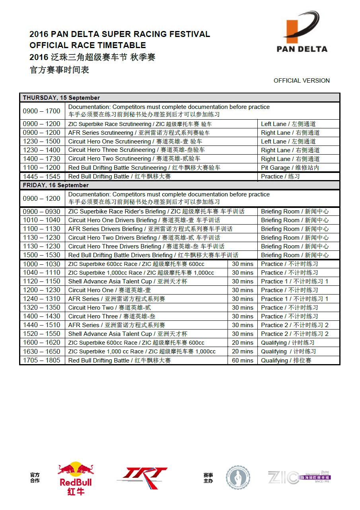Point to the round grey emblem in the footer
click(238, 477)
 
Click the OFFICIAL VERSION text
click(302, 81)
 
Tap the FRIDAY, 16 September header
click(56, 185)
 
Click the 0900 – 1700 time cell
click(42, 111)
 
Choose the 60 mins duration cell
click(243, 361)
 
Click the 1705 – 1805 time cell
click(42, 361)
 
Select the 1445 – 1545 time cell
click(42, 176)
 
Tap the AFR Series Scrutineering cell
click(139, 133)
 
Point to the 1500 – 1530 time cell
click(42, 255)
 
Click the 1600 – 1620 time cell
click(42, 343)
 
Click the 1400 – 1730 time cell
click(42, 159)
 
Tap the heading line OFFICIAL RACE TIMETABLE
click(88, 45)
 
